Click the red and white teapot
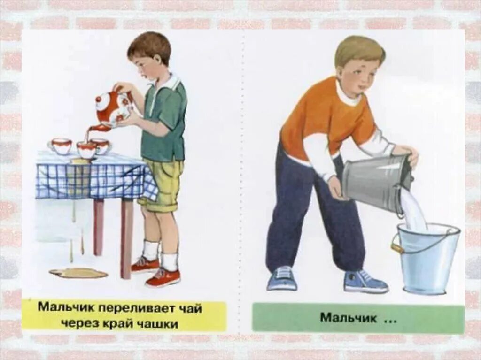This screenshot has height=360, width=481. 112,107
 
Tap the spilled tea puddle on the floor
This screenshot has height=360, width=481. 78,272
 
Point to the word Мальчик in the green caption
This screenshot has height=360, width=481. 349,317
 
